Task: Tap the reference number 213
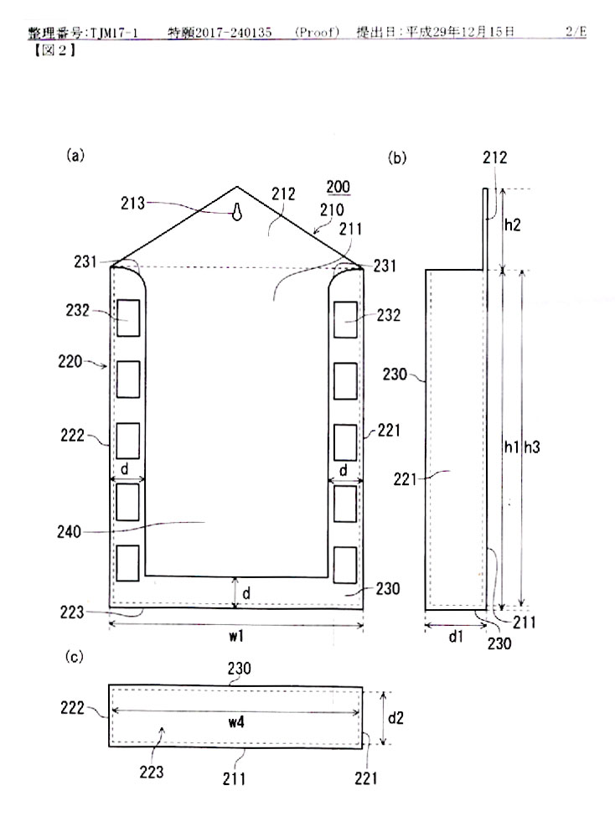click(x=132, y=203)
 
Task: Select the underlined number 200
click(x=338, y=187)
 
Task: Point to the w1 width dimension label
click(x=236, y=636)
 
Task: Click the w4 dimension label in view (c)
click(x=236, y=722)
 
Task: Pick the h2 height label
click(x=512, y=225)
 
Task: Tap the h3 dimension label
click(x=532, y=447)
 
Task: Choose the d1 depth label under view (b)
click(x=455, y=636)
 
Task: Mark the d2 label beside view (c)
click(x=395, y=718)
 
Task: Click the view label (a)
click(x=75, y=155)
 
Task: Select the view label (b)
click(x=397, y=158)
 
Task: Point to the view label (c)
click(x=75, y=657)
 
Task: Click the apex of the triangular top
click(x=237, y=187)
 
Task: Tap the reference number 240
click(x=69, y=532)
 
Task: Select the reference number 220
click(x=70, y=361)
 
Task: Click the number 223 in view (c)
click(x=152, y=772)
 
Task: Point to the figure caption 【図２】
click(x=53, y=51)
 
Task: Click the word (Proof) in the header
click(x=317, y=32)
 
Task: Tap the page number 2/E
click(x=576, y=32)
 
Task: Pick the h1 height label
click(x=512, y=447)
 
